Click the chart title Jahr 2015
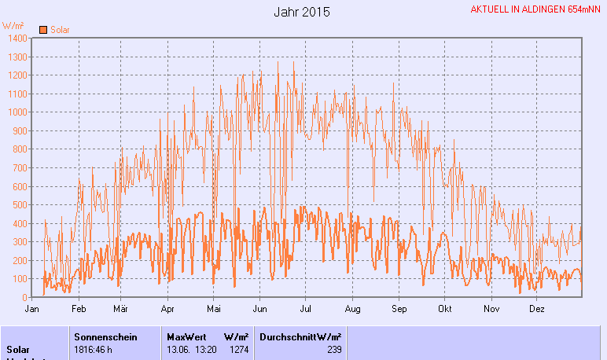[303, 13]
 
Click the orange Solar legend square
[43, 30]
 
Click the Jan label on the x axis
[33, 309]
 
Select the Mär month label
[120, 309]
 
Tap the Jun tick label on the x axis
[259, 309]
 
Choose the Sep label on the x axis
[399, 309]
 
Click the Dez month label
[537, 309]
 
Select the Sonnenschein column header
[105, 336]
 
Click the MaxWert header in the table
[186, 336]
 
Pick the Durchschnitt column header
[288, 336]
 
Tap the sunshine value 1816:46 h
[95, 349]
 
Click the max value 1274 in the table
[238, 349]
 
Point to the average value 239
[334, 349]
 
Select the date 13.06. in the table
[179, 349]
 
